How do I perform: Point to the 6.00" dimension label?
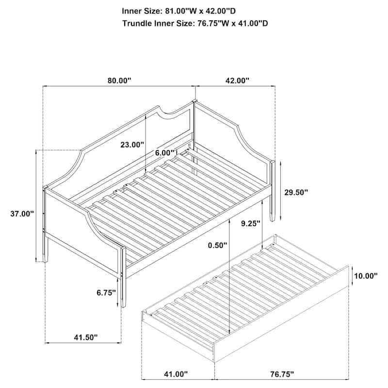point(166,152)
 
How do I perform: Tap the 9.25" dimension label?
point(251,223)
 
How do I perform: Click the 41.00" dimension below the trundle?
point(174,374)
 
